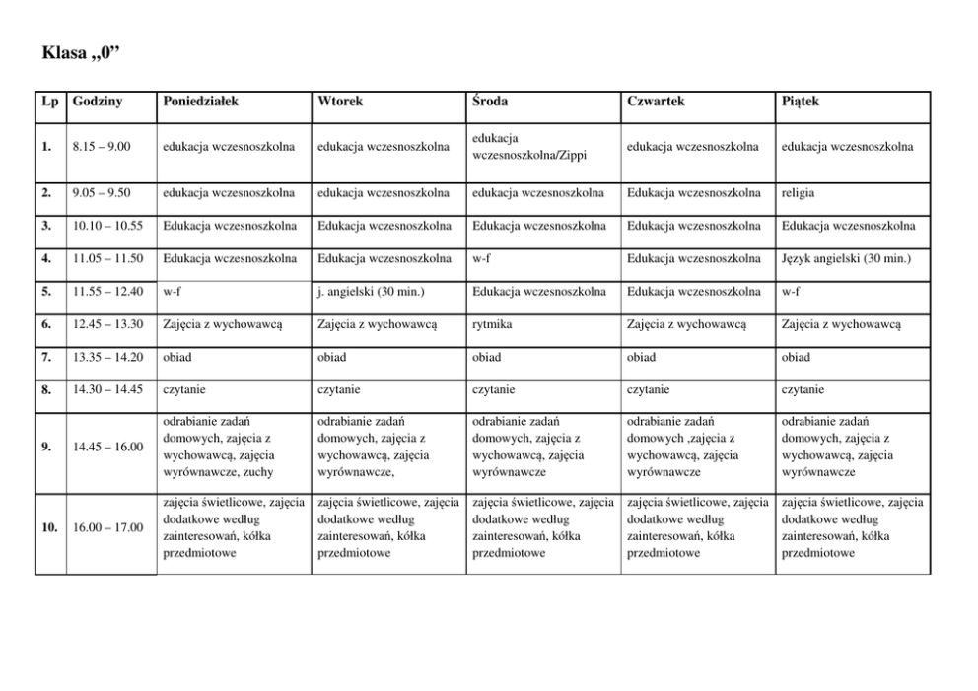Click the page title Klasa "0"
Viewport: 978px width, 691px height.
82,52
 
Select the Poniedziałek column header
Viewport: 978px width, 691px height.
200,102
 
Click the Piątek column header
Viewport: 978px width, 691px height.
800,102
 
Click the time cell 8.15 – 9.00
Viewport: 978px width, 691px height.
103,148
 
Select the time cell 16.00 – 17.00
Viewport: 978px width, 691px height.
107,527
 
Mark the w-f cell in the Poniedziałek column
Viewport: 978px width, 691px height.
171,291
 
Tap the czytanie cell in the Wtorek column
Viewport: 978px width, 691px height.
338,388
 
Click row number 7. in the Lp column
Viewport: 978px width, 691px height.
47,356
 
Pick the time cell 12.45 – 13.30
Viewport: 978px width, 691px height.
107,323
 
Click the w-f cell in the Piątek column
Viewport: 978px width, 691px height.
790,291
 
